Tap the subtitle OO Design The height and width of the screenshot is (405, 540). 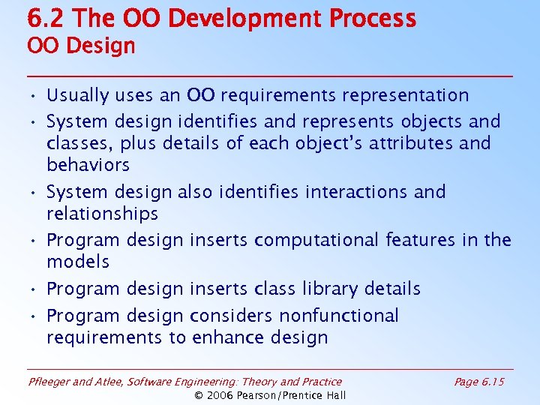click(81, 46)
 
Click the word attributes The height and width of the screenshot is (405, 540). click(398, 143)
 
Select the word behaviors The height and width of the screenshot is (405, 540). click(88, 165)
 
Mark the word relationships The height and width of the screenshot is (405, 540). click(102, 214)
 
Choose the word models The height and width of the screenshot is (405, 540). click(78, 262)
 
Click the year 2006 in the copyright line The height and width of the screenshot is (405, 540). click(221, 395)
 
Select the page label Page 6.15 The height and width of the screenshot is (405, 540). click(479, 382)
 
